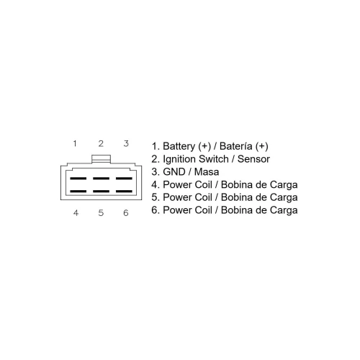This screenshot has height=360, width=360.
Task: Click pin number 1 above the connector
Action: [75, 143]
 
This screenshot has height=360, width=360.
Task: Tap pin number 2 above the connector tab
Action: [101, 143]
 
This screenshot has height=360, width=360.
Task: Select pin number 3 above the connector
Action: [126, 143]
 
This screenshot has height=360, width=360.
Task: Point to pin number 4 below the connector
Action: [76, 212]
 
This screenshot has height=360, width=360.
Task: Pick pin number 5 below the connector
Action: [101, 212]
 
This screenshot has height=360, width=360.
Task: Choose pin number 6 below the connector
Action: [126, 212]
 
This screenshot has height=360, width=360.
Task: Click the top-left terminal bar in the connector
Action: [78, 179]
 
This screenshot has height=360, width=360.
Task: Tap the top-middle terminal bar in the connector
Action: [101, 179]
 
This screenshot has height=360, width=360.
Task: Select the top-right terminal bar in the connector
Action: [124, 179]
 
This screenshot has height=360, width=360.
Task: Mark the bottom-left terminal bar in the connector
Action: [78, 192]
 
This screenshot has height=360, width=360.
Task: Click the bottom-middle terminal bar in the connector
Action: [101, 192]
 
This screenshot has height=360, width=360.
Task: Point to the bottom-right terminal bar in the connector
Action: [124, 192]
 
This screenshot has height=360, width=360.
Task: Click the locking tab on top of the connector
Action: [101, 159]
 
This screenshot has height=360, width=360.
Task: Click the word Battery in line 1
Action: [179, 146]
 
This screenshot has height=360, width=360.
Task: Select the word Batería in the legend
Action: [236, 146]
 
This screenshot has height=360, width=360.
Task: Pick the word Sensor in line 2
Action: [253, 159]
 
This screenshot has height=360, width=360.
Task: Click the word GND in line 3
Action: [174, 172]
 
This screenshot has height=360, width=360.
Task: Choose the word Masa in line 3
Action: [207, 172]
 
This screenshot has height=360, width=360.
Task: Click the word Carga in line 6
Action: [284, 210]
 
